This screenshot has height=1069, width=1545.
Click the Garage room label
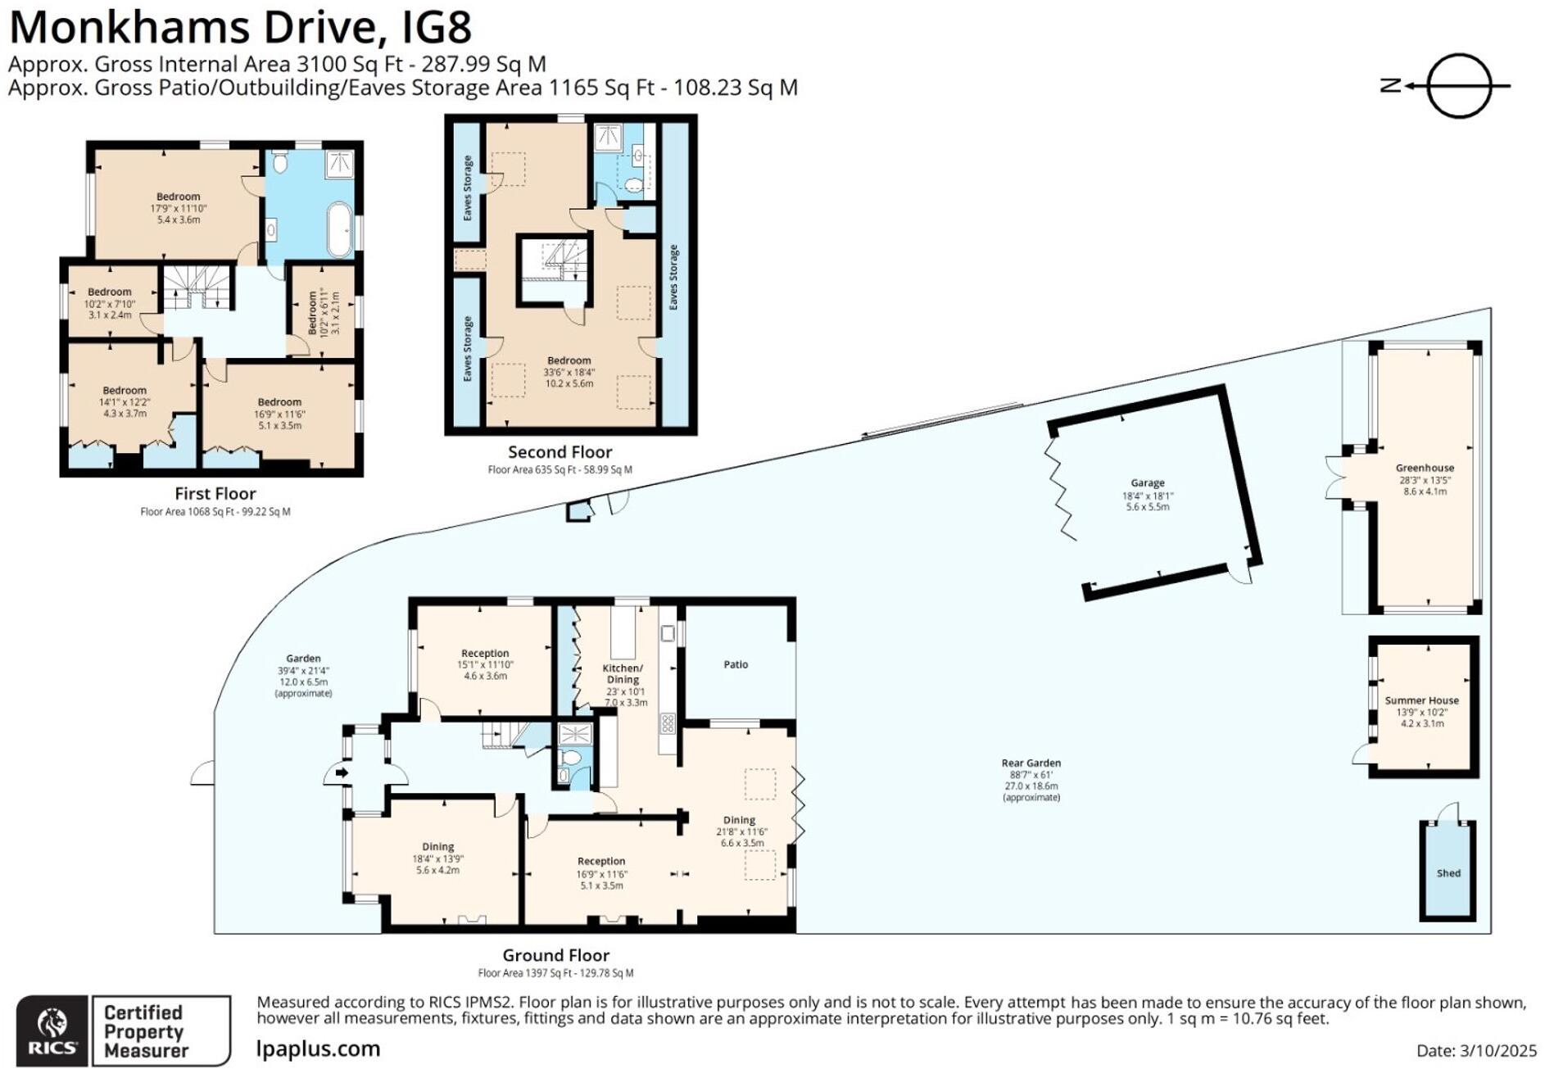(1147, 483)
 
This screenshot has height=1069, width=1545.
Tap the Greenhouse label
(1425, 469)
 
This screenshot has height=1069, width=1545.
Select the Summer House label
(1421, 701)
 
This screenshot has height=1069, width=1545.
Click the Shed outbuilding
(1448, 872)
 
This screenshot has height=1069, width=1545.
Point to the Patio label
(736, 664)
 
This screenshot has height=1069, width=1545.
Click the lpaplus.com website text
(319, 1049)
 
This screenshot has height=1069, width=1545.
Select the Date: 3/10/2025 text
(1476, 1051)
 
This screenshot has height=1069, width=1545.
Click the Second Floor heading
(560, 452)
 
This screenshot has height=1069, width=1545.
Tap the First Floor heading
(215, 494)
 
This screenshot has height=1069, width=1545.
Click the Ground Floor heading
(555, 955)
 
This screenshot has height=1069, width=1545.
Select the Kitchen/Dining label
(623, 673)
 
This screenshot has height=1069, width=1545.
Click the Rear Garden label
(1031, 763)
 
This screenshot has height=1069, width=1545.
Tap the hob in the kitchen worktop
(667, 723)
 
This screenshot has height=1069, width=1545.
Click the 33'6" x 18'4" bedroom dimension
(569, 372)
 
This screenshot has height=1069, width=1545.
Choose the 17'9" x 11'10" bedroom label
(178, 208)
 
